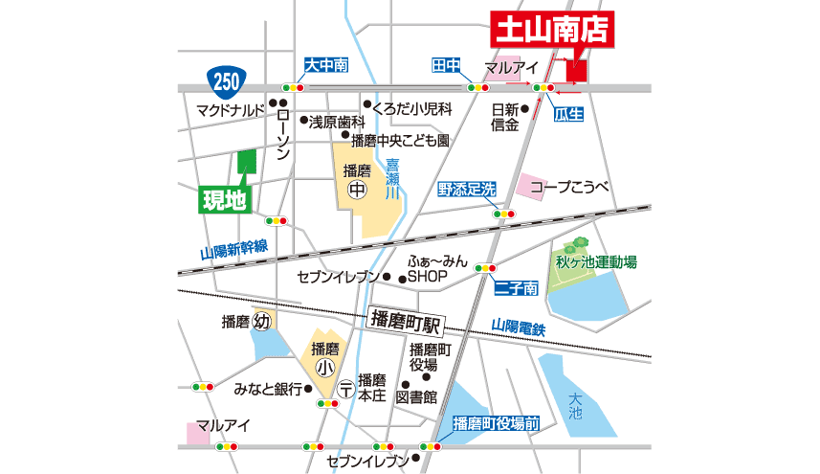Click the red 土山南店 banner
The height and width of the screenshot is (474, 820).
point(551,28)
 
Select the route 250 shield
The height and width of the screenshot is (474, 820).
point(226,80)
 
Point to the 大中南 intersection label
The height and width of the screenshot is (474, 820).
point(326,65)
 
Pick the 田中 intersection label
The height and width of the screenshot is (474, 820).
point(447,65)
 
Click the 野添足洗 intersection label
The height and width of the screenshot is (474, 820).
point(467,190)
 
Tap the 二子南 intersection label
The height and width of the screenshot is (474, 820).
point(517,287)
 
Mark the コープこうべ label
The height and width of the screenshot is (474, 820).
point(570,187)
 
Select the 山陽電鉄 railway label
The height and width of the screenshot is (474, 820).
point(517,327)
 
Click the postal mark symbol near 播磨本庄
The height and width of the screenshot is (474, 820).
point(344,389)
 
